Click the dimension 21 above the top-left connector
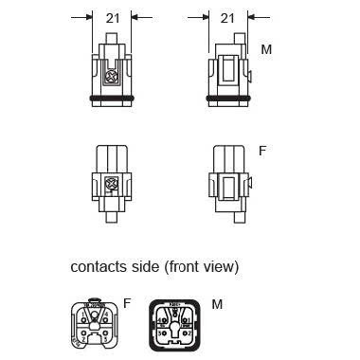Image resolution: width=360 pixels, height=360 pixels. pos(112,18)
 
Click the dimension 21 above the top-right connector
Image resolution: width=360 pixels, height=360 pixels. pos(227,18)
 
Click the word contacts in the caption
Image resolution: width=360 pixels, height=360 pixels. pos(98,267)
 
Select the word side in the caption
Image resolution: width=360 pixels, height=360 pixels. pos(145,267)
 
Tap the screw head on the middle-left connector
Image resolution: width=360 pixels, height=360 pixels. pos(111,186)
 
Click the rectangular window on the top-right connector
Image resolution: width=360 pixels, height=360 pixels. pos(227,71)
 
